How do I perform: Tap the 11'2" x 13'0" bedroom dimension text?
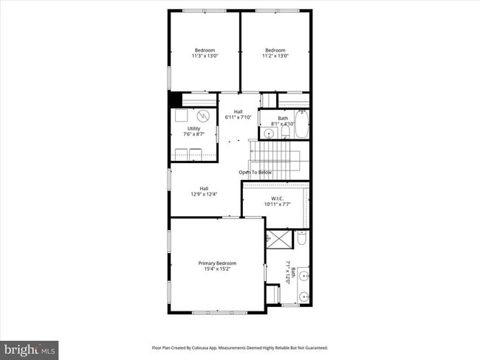pyautogui.click(x=276, y=55)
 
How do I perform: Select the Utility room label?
pyautogui.click(x=193, y=128)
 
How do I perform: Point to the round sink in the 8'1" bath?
pyautogui.click(x=267, y=134)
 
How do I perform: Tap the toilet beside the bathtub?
pyautogui.click(x=285, y=131)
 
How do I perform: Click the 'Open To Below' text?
pyautogui.click(x=255, y=173)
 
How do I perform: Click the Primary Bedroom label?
pyautogui.click(x=217, y=263)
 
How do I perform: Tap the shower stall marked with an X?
pyautogui.click(x=279, y=240)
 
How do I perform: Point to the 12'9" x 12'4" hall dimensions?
pyautogui.click(x=203, y=194)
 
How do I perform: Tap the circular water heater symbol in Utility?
pyautogui.click(x=204, y=116)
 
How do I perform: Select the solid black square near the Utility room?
pyautogui.click(x=175, y=100)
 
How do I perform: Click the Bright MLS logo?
pyautogui.click(x=30, y=347)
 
